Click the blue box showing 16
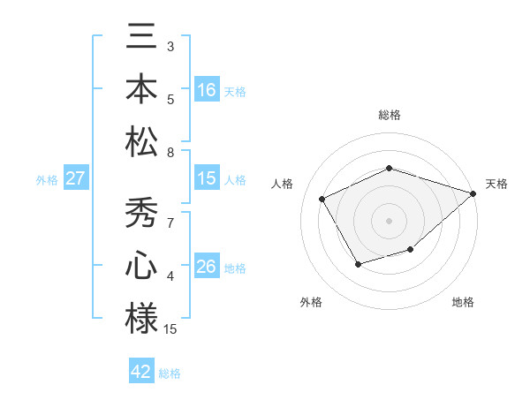(207, 90)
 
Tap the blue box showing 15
(207, 178)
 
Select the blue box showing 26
(207, 267)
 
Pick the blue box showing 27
(76, 178)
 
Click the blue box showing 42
(141, 372)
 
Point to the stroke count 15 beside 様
(170, 329)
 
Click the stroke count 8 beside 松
(170, 153)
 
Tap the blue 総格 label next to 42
(170, 373)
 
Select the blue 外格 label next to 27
(47, 179)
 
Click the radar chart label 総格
(390, 116)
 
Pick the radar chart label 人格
(283, 184)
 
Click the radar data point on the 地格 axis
(411, 250)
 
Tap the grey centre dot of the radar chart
(390, 220)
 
